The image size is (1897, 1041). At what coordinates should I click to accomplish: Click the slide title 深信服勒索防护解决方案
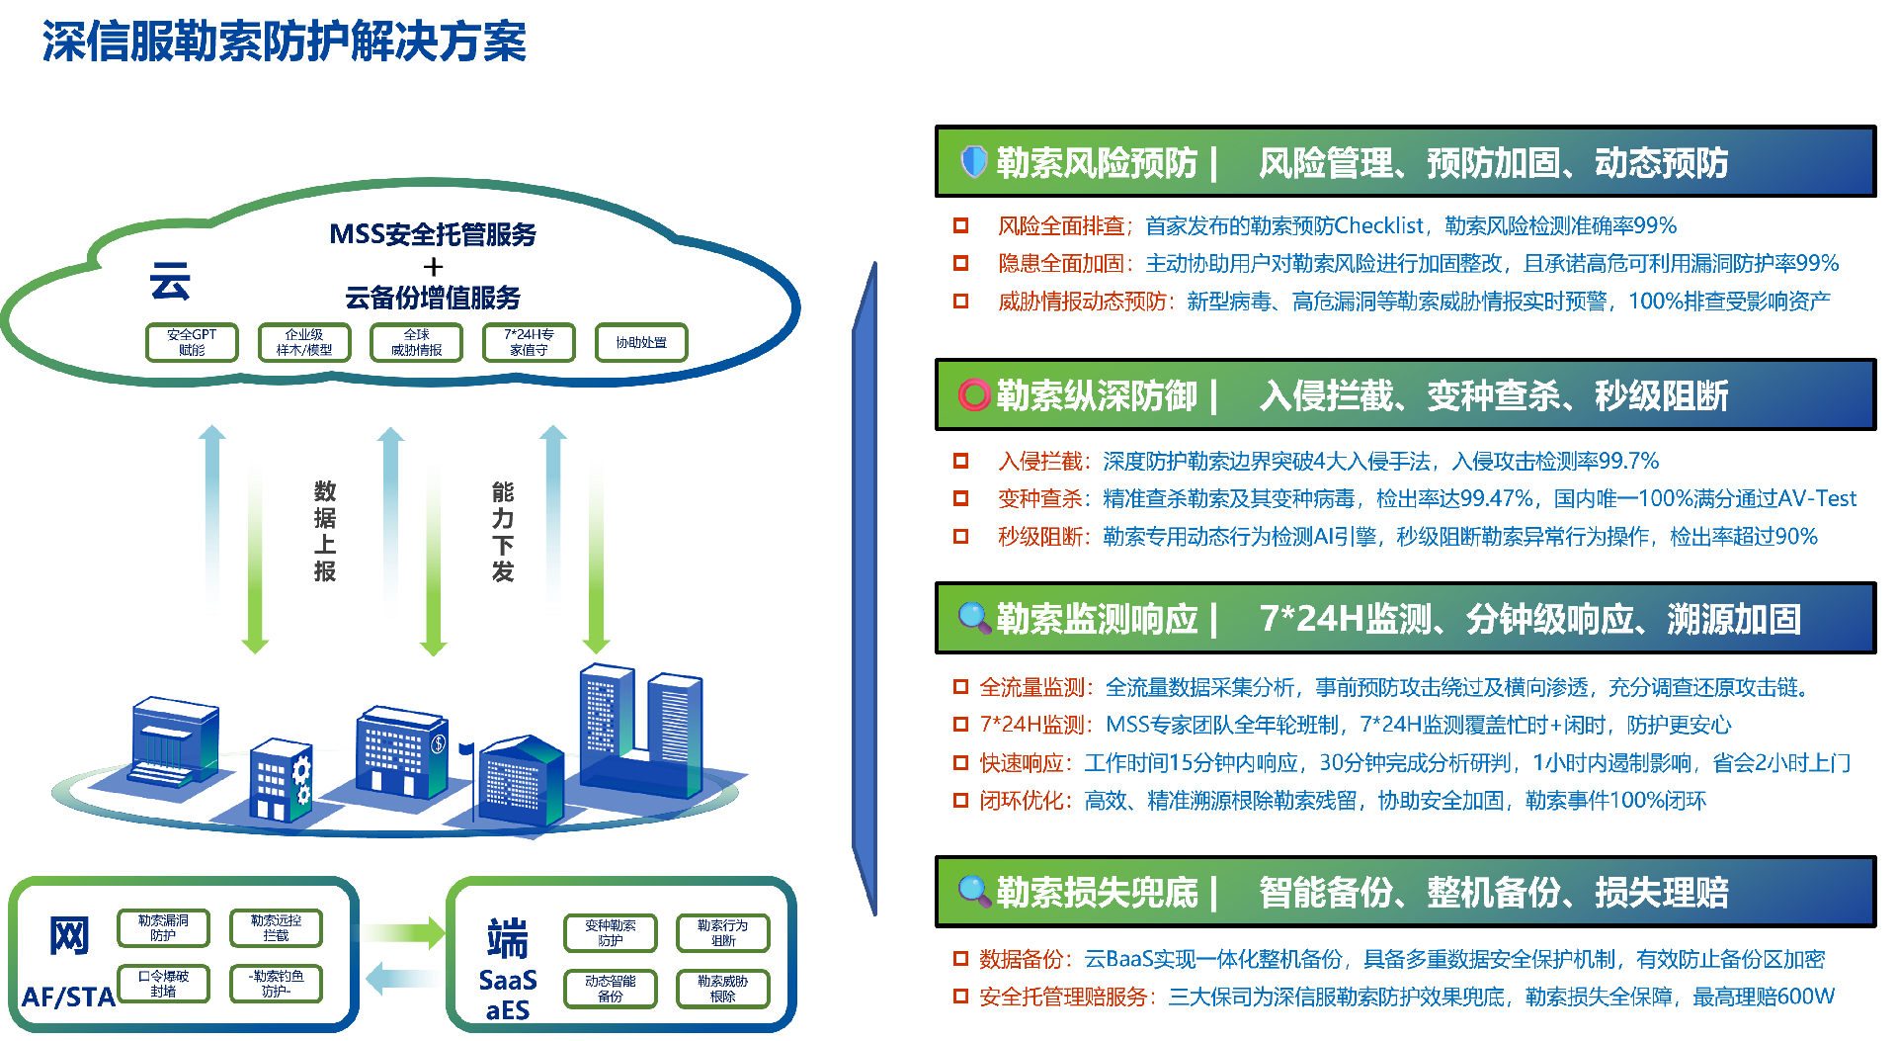coord(284,42)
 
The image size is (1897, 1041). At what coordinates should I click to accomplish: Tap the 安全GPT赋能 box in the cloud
coord(192,342)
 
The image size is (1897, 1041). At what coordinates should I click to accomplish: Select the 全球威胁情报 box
coord(416,342)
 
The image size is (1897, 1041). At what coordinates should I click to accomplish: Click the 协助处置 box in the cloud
coord(640,342)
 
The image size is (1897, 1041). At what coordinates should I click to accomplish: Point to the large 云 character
coord(170,282)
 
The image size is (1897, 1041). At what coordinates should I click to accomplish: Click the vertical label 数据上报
coord(325,531)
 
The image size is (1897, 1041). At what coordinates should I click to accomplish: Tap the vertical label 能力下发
coord(503,531)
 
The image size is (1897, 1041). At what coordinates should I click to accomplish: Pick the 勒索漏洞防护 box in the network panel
coord(163,927)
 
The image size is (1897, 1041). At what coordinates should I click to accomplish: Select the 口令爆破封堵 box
coord(163,983)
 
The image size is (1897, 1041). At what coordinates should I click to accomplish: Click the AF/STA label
coord(68,997)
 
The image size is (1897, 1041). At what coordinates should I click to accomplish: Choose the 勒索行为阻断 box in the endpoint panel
coord(722,933)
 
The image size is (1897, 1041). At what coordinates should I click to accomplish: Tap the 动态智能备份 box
coord(610,989)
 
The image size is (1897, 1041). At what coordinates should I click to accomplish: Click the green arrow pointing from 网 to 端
coord(405,932)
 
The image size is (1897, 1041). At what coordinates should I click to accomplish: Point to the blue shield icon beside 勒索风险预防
coord(973,161)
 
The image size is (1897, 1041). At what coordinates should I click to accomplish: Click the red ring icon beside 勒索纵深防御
coord(973,394)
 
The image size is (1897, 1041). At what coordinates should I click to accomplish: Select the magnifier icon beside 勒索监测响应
coord(974,618)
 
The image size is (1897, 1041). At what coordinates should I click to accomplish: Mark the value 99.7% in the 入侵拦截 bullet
coord(1628,461)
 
